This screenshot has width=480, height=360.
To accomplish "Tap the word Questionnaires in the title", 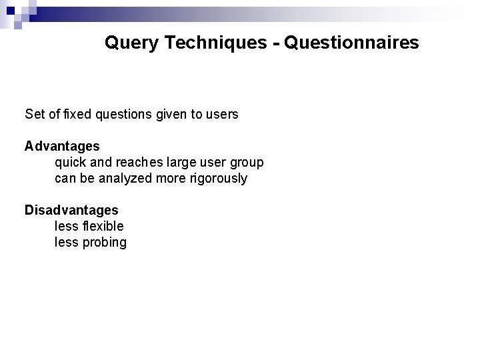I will [351, 44].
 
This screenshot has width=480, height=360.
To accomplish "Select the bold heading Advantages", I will [62, 145].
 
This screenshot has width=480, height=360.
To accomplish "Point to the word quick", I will [69, 162].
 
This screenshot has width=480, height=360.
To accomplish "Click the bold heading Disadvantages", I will [71, 210].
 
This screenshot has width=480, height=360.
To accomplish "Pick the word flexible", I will [102, 227].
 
